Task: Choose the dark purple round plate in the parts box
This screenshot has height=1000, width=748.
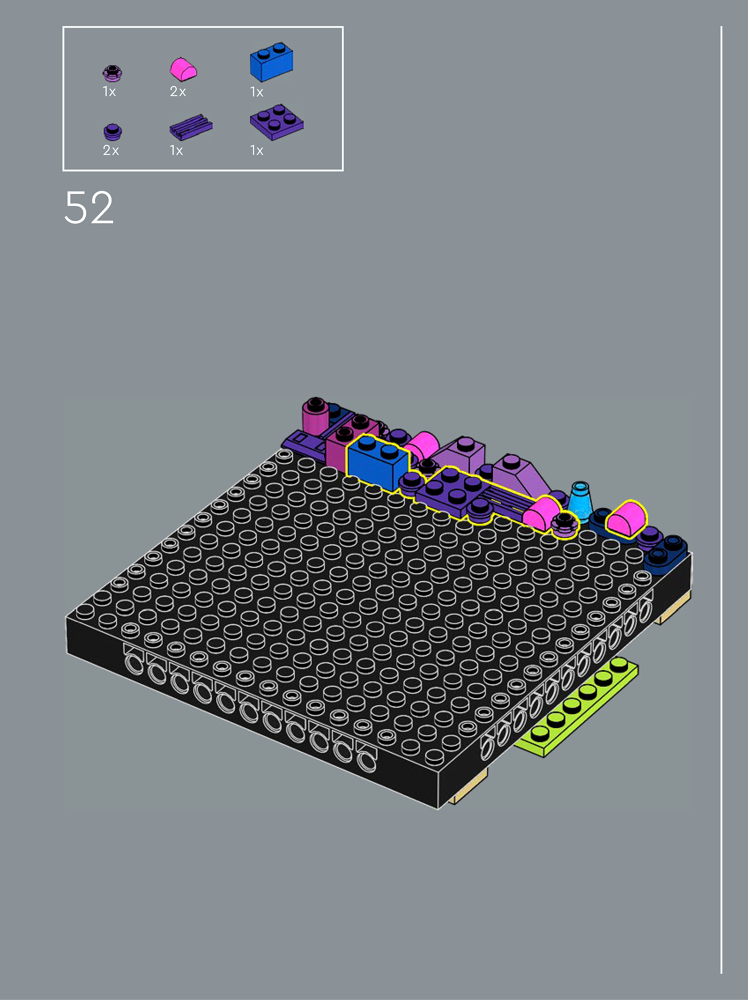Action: (113, 132)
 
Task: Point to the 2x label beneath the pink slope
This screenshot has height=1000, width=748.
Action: (178, 92)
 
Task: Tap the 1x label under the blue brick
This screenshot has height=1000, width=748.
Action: (256, 92)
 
